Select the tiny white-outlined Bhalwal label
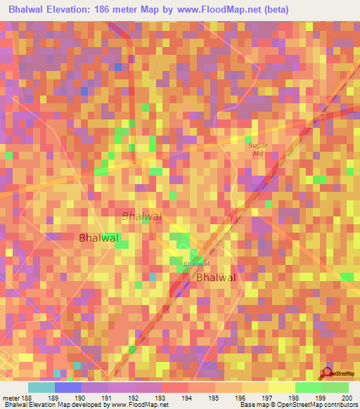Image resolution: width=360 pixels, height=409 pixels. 196,264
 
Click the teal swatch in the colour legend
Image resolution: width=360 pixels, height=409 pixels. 41,387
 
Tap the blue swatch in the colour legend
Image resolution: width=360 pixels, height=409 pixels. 68,387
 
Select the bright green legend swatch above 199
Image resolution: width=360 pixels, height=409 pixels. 308,387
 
